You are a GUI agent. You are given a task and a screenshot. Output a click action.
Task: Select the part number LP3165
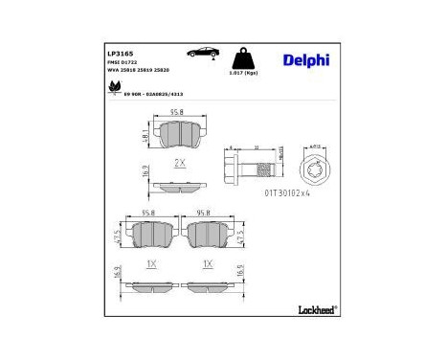tap(119, 53)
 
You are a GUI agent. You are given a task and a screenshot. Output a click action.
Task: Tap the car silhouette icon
tap(204, 52)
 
